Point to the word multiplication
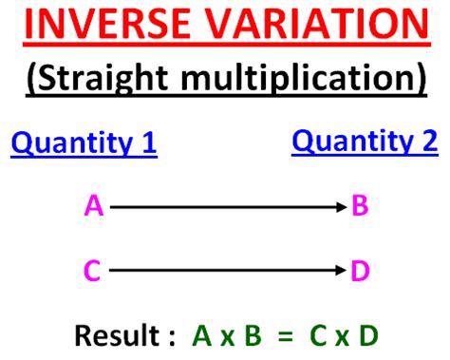305,79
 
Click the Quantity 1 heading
84,144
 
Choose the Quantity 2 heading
365,142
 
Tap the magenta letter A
92,205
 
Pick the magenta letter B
361,205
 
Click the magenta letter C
92,273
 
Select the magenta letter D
361,273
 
